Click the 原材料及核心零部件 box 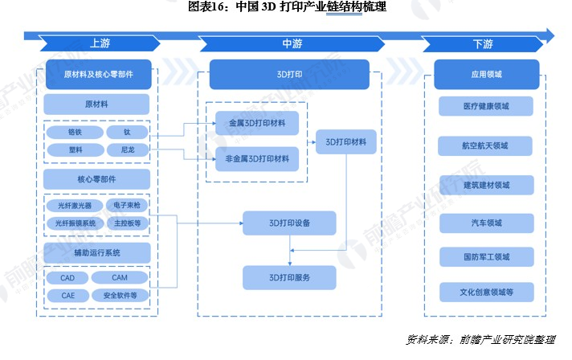(97, 75)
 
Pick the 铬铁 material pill (74, 132)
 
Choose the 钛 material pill (127, 132)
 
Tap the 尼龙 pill (127, 149)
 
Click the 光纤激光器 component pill (74, 206)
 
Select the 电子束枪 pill (127, 206)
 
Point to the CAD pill (67, 278)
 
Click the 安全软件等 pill (120, 296)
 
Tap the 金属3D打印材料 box (257, 123)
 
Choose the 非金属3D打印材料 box (257, 158)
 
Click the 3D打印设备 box (289, 222)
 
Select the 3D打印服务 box (289, 278)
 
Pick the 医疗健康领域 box (486, 106)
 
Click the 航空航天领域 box (486, 145)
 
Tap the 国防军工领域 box (486, 257)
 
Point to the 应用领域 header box (486, 75)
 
